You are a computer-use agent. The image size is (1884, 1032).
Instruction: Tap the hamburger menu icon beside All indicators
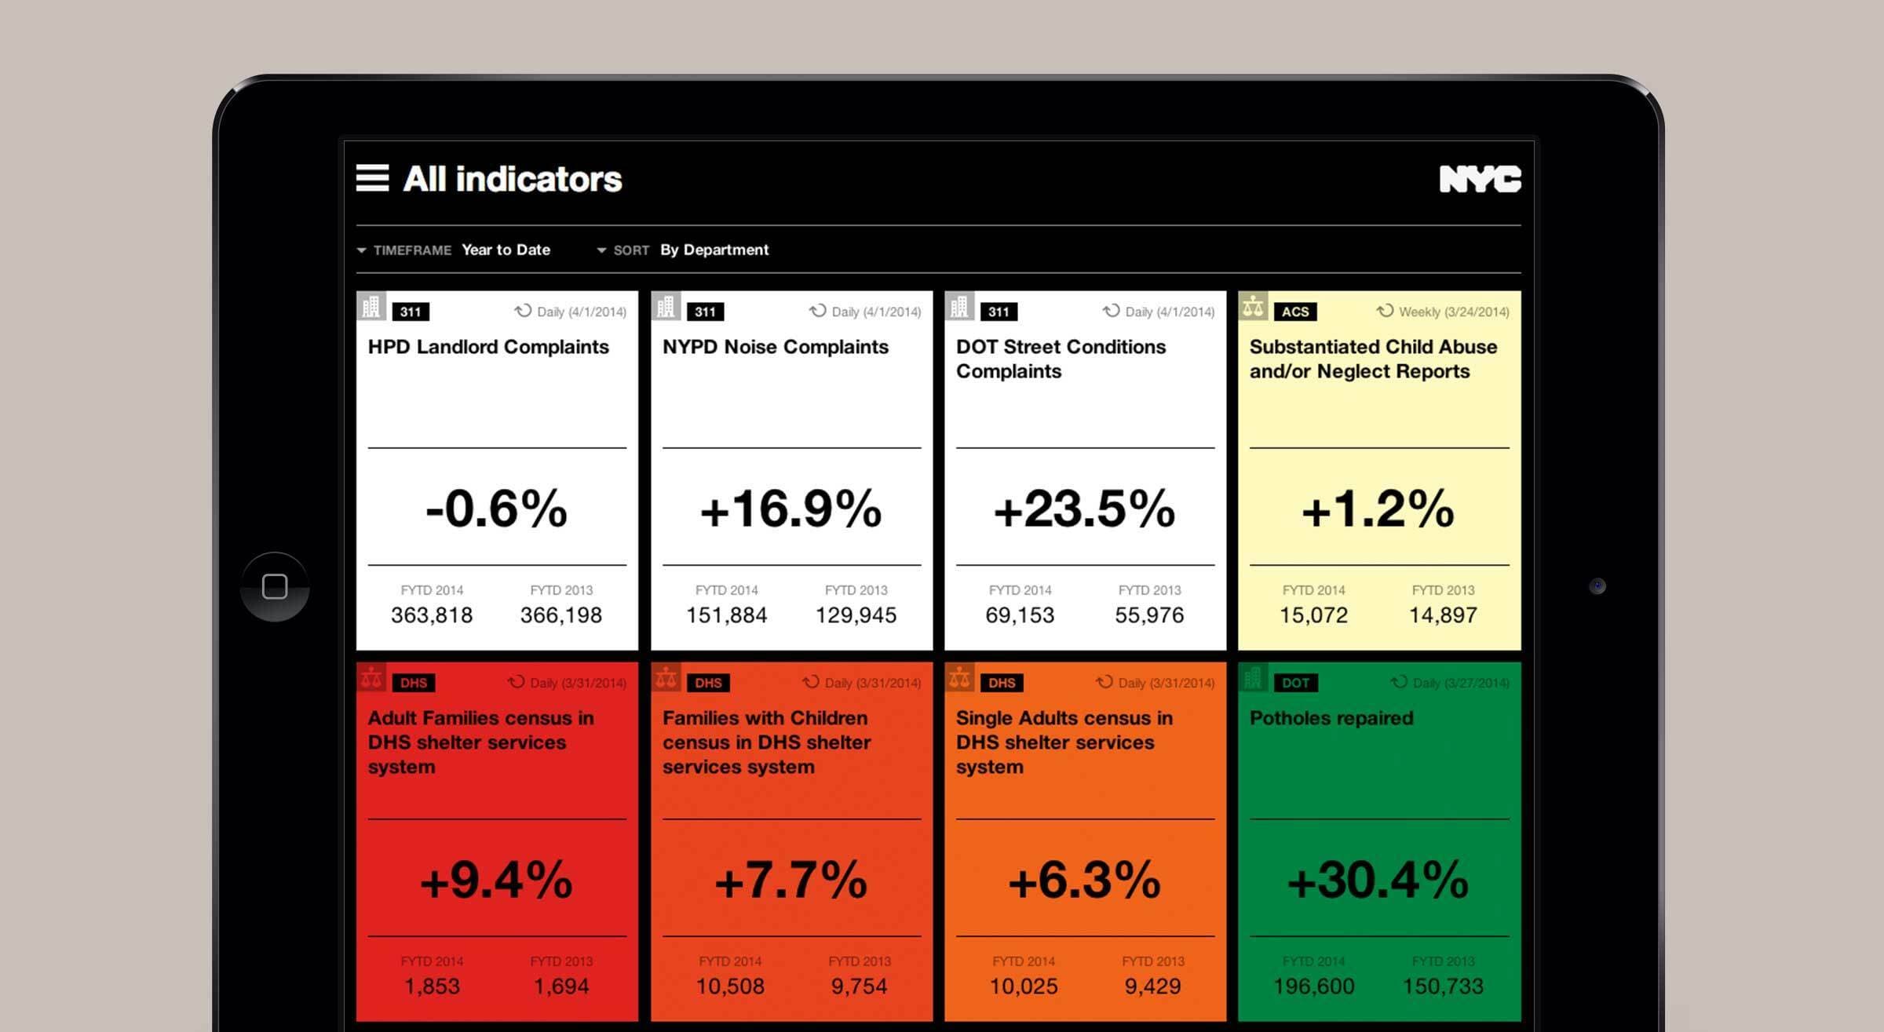coord(372,178)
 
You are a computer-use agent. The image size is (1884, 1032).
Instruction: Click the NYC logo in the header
coord(1480,179)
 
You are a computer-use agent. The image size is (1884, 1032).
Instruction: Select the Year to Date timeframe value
coord(506,250)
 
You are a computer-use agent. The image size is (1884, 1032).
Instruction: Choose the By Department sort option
coord(714,250)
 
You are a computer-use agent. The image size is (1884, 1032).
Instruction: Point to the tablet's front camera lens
coord(1597,586)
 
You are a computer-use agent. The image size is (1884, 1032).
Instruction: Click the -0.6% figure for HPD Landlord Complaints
coord(496,509)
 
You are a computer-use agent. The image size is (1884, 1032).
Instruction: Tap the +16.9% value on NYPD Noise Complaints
coord(790,509)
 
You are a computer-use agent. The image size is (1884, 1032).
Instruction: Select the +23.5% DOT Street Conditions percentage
coord(1084,509)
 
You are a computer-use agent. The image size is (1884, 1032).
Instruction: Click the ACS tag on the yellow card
coord(1294,312)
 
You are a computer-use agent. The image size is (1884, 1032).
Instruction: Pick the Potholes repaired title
coord(1331,718)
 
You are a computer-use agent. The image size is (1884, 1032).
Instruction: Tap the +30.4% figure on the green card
coord(1378,880)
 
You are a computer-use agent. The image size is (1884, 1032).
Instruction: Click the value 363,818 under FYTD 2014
coord(432,615)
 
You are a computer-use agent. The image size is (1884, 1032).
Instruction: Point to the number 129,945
coord(856,615)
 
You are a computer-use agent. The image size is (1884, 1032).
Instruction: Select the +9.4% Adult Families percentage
coord(496,880)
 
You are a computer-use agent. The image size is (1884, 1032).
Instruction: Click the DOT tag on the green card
coord(1294,683)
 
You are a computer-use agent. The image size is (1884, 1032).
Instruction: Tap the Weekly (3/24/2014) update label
coord(1452,312)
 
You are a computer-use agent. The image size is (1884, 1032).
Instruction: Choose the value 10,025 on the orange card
coord(1023,986)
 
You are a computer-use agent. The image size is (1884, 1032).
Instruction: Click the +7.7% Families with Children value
coord(790,880)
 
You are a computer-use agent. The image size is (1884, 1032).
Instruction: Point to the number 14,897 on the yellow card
coord(1442,615)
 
